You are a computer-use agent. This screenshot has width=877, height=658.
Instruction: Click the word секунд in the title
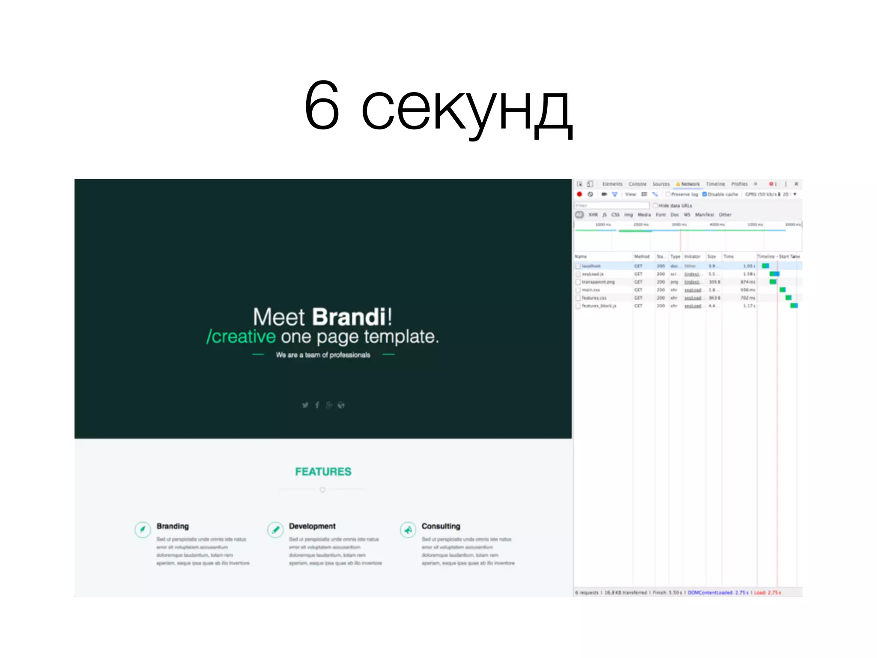[x=467, y=107]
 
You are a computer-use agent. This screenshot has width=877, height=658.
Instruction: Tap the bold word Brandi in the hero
[x=349, y=317]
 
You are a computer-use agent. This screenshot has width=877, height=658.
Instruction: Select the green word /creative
[x=241, y=337]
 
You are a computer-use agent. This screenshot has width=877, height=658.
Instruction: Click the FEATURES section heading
[x=323, y=472]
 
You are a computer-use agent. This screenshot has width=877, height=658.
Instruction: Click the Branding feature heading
[x=173, y=526]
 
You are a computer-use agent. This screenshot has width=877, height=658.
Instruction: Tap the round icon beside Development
[x=275, y=530]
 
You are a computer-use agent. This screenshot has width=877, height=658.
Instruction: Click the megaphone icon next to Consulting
[x=408, y=530]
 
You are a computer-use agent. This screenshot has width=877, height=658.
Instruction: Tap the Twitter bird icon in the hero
[x=305, y=405]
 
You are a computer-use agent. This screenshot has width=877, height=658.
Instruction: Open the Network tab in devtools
[x=690, y=184]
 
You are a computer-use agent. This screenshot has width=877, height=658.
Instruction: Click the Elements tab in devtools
[x=612, y=184]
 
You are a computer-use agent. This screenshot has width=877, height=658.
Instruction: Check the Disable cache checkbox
[x=704, y=194]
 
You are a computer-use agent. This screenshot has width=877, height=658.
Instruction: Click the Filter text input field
[x=612, y=206]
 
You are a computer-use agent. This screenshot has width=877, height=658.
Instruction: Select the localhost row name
[x=591, y=266]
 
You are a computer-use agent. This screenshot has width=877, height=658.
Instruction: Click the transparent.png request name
[x=598, y=282]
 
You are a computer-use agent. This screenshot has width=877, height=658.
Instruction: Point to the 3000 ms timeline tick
[x=679, y=224]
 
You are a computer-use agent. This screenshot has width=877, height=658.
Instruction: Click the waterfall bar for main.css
[x=782, y=290]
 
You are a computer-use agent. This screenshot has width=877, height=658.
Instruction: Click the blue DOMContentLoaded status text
[x=718, y=593]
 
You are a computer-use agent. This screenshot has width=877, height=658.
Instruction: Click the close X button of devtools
[x=796, y=184]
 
